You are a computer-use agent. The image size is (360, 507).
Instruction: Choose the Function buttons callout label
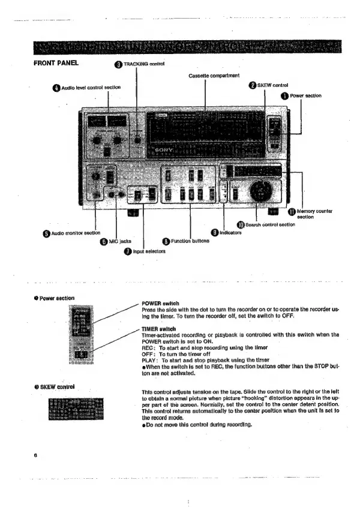(190, 242)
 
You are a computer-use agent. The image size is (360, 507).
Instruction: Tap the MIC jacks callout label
(121, 241)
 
